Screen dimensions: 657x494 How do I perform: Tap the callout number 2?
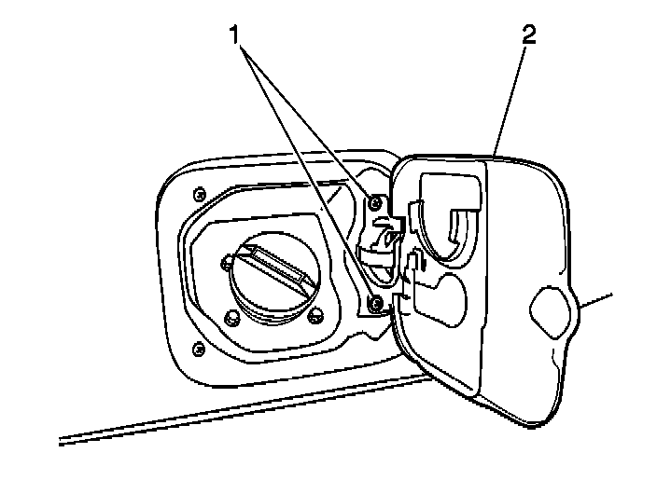pos(529,35)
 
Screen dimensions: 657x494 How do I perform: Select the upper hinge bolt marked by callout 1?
pos(375,204)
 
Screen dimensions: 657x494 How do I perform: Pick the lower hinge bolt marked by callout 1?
pos(375,302)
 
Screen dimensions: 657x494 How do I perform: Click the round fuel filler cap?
pos(273,279)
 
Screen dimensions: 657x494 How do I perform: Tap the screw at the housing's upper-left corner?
pos(198,195)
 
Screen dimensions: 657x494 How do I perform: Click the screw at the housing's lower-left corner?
pos(198,350)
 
